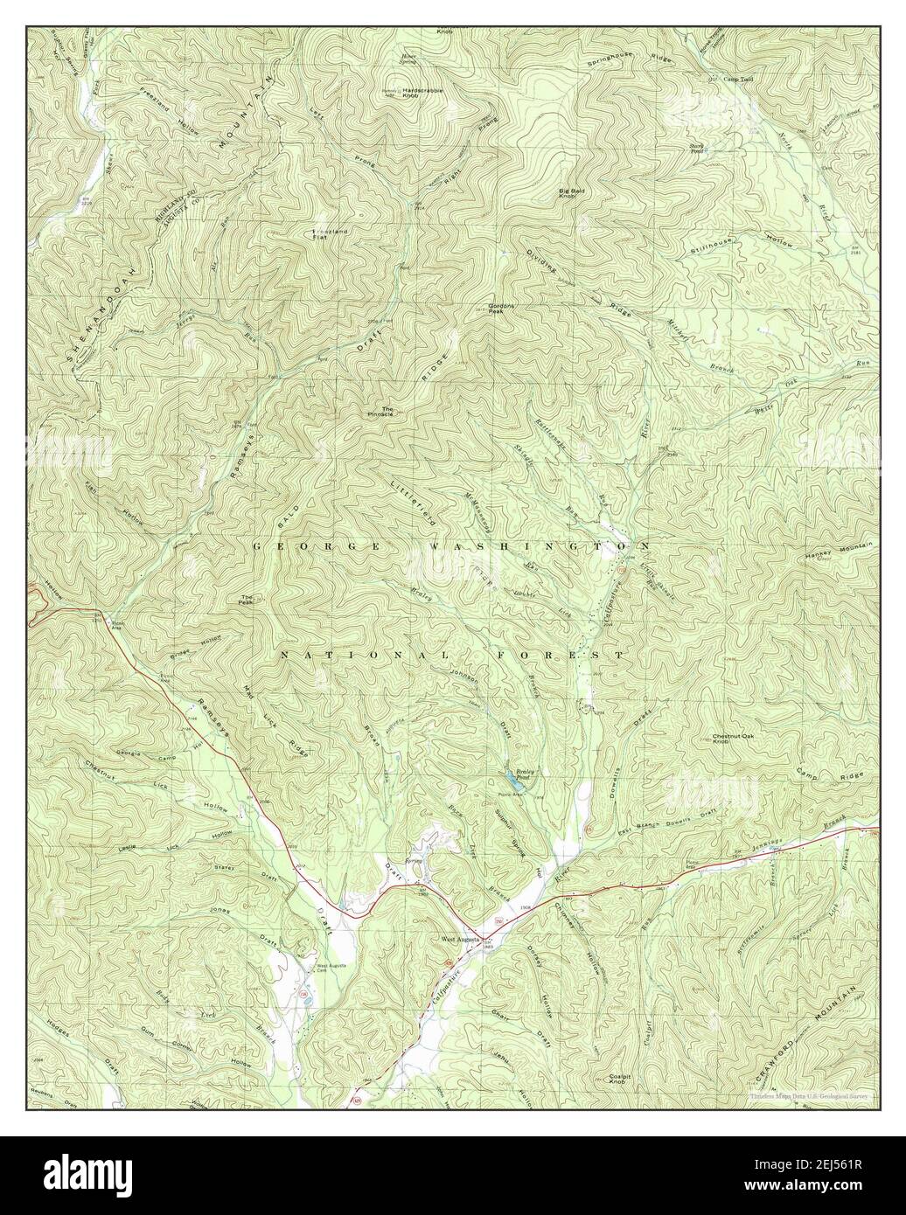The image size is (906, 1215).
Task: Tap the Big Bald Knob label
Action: click(x=573, y=193)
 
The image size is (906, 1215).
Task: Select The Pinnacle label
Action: click(x=380, y=413)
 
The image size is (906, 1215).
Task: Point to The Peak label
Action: click(x=247, y=601)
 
